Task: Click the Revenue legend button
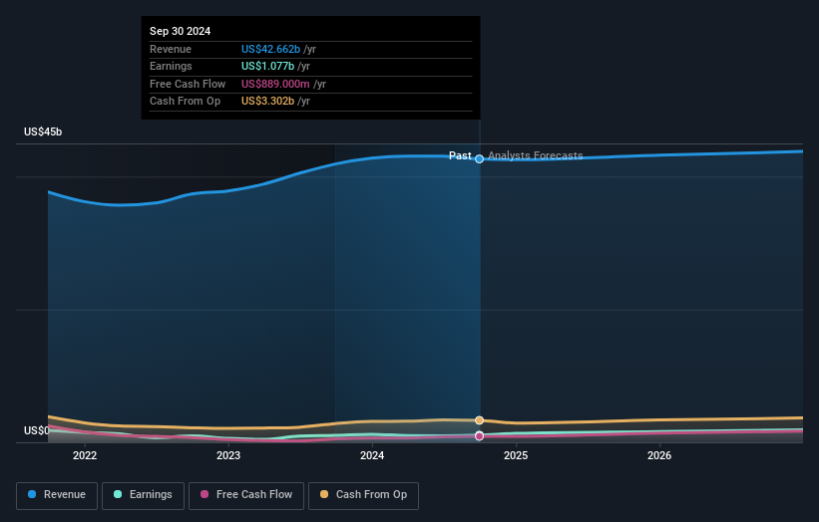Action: tap(57, 495)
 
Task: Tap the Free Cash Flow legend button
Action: tap(246, 495)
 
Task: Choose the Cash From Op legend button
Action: tap(363, 495)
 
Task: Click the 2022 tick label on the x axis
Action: tap(85, 456)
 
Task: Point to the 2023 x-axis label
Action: tap(228, 456)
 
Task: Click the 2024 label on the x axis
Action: tap(372, 456)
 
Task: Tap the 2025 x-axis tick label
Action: tap(516, 456)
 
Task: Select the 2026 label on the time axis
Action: tap(659, 456)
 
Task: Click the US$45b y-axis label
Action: tap(43, 132)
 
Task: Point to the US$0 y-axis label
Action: tap(37, 430)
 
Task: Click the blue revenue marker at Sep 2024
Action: tap(480, 158)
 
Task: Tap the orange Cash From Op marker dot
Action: tap(480, 420)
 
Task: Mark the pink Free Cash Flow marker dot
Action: tap(480, 435)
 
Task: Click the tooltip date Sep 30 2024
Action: tap(181, 32)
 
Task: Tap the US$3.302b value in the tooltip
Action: tap(270, 101)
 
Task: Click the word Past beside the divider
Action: tap(460, 155)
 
